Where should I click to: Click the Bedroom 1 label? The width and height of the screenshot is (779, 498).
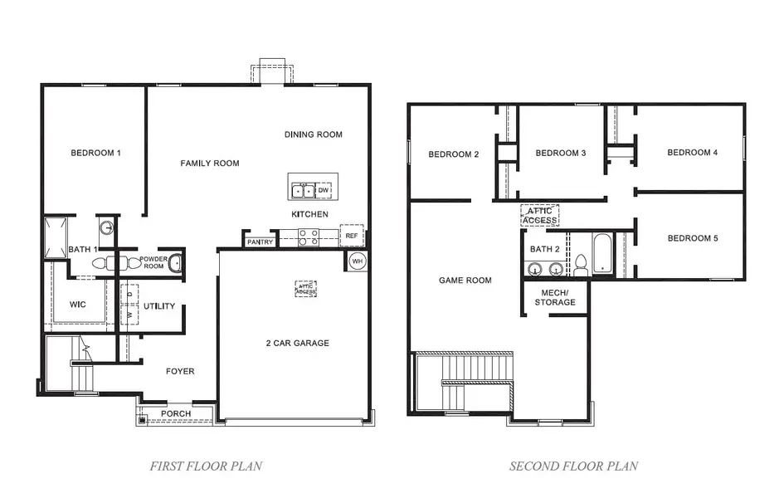coord(95,153)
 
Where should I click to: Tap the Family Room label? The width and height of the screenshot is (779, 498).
coord(210,164)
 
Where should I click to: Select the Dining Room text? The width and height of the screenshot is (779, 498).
coord(313,134)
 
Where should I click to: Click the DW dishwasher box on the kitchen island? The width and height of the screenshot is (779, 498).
coord(324,190)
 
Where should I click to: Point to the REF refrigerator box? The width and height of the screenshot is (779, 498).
coord(352,236)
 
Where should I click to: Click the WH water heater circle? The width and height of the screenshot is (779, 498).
coord(357,261)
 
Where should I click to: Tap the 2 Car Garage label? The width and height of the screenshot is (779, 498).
coord(298,343)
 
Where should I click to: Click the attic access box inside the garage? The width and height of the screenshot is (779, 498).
coord(306,289)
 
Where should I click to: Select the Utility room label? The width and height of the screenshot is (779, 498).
coord(159,306)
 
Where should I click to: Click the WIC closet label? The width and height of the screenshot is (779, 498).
coord(78,305)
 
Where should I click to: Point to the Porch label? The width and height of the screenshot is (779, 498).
coord(175,413)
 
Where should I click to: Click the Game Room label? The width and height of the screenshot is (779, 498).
coord(465,281)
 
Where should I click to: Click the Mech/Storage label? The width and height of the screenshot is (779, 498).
coord(555,297)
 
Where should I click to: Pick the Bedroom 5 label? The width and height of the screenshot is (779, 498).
coord(692,238)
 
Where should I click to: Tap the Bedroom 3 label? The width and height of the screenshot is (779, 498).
coord(561,153)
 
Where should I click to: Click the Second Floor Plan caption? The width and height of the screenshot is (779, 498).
coord(573,466)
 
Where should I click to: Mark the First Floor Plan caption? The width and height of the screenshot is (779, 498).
coord(206,466)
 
